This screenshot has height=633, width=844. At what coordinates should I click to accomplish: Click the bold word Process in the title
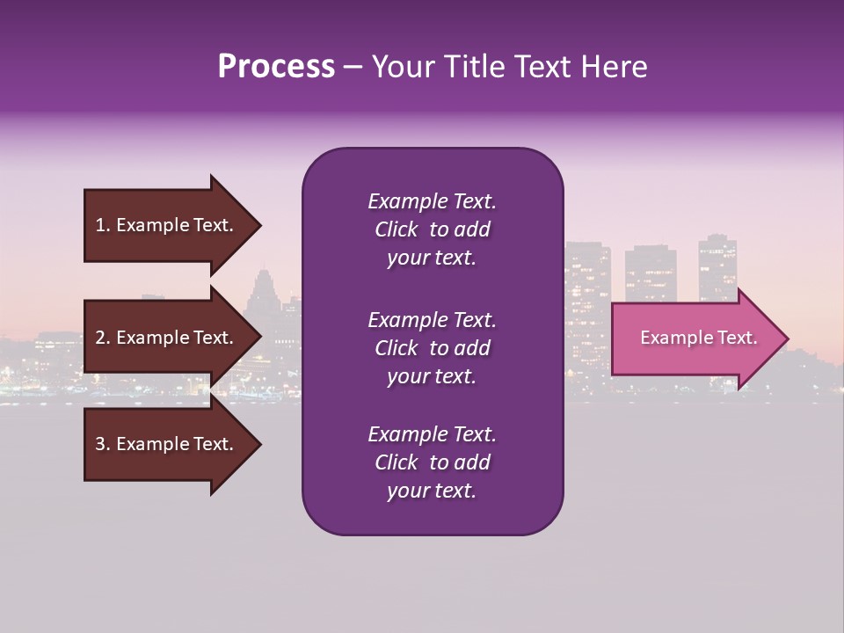(276, 67)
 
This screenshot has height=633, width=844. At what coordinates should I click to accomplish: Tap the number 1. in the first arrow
(103, 225)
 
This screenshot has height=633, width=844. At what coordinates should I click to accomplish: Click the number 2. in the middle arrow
(103, 338)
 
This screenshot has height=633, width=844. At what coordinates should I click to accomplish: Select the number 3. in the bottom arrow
(103, 444)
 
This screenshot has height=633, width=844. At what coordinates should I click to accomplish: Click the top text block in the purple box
(432, 229)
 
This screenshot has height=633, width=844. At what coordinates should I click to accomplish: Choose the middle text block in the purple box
(432, 348)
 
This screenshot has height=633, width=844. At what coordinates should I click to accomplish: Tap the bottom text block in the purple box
(432, 462)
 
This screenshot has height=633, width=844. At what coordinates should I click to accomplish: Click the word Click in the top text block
(396, 229)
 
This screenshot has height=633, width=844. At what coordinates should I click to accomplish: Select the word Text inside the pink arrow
(737, 338)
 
